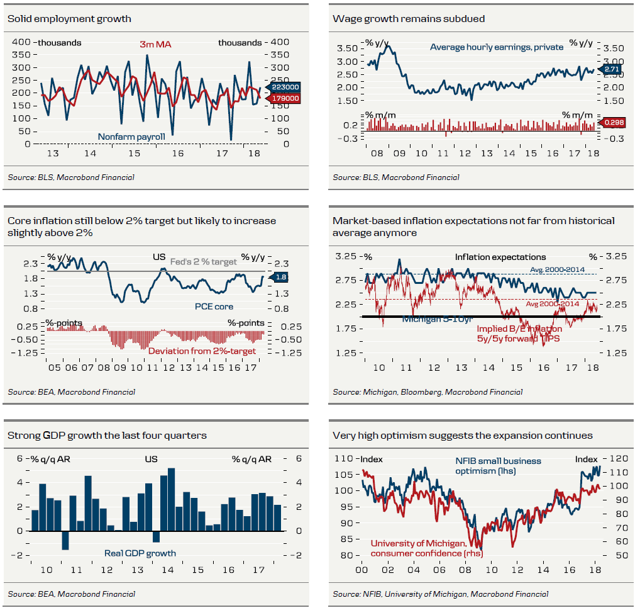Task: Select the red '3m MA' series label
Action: pos(155,45)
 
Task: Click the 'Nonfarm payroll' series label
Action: pos(131,137)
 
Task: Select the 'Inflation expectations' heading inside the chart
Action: pos(500,257)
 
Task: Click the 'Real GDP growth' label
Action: pos(140,553)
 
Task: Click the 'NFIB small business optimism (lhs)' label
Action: pos(498,465)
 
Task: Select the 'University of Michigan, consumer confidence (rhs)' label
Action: pos(419,548)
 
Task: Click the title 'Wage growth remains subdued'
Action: pos(409,19)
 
